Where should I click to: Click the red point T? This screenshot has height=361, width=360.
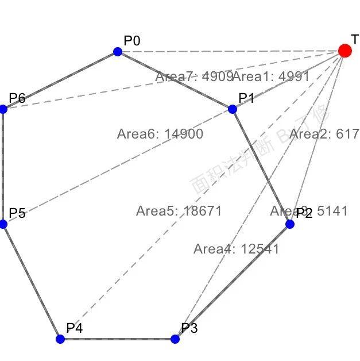344,51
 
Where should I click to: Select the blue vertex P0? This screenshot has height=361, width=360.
118,52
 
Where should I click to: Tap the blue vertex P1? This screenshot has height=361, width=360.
233,109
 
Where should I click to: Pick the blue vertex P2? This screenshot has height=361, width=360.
290,224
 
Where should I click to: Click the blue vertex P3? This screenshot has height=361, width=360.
175,339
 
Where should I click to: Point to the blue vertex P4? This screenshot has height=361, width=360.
60,339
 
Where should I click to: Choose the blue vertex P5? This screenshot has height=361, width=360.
3,224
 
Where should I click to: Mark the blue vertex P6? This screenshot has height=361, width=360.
3,109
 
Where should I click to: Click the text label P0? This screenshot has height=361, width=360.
132,40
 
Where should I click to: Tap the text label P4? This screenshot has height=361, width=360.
75,328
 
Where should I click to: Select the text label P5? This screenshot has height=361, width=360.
17,213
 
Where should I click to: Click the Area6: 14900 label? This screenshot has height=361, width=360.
160,135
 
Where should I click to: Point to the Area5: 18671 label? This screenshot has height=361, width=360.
179,211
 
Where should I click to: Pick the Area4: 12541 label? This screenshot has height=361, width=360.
236,249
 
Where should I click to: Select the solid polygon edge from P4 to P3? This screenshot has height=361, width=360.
118,339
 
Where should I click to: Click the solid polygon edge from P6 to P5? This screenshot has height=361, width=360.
3,167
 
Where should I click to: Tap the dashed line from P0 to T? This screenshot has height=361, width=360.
230,51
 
